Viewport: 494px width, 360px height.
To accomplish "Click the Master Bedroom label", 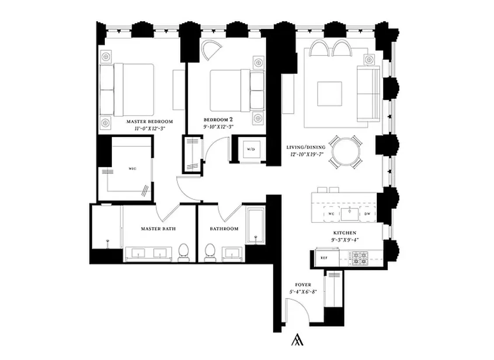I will pyautogui.click(x=150, y=121).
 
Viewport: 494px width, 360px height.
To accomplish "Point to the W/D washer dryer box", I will pyautogui.click(x=250, y=149).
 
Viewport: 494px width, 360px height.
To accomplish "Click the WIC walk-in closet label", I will pyautogui.click(x=132, y=168).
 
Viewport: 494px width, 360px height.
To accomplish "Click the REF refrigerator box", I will pyautogui.click(x=324, y=258).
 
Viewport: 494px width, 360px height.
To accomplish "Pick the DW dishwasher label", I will pyautogui.click(x=367, y=214).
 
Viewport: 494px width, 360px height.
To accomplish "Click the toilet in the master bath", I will pyautogui.click(x=184, y=253).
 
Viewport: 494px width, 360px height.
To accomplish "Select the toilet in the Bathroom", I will pyautogui.click(x=210, y=253).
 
